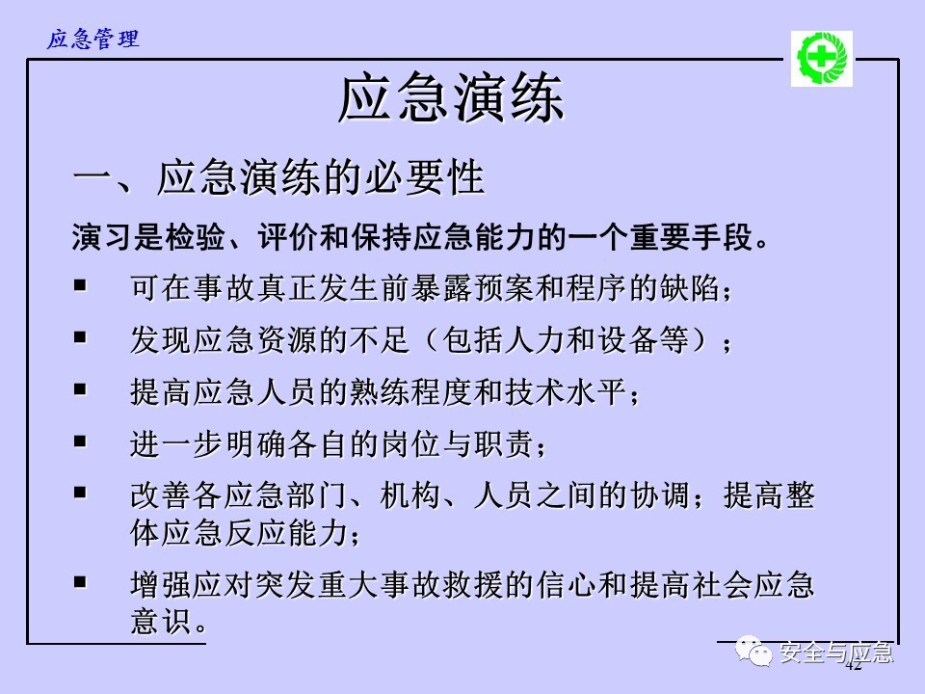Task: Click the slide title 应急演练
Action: pos(451,98)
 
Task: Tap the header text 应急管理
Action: pos(93,39)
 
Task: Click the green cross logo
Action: pos(821,59)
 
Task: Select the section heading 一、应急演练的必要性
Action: pos(278,177)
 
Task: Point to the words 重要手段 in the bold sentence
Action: pos(692,238)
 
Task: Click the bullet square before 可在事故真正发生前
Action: pos(80,285)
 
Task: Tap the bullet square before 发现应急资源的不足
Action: pos(80,337)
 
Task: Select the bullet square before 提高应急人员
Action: pos(80,388)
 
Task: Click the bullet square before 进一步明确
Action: pos(80,440)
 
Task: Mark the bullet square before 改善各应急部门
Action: pos(80,493)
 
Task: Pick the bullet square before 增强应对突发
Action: pos(80,582)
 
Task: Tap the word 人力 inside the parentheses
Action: pos(536,340)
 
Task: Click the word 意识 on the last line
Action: pos(161,622)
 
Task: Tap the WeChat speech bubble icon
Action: pos(753,651)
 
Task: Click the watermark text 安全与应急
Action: pos(836,653)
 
